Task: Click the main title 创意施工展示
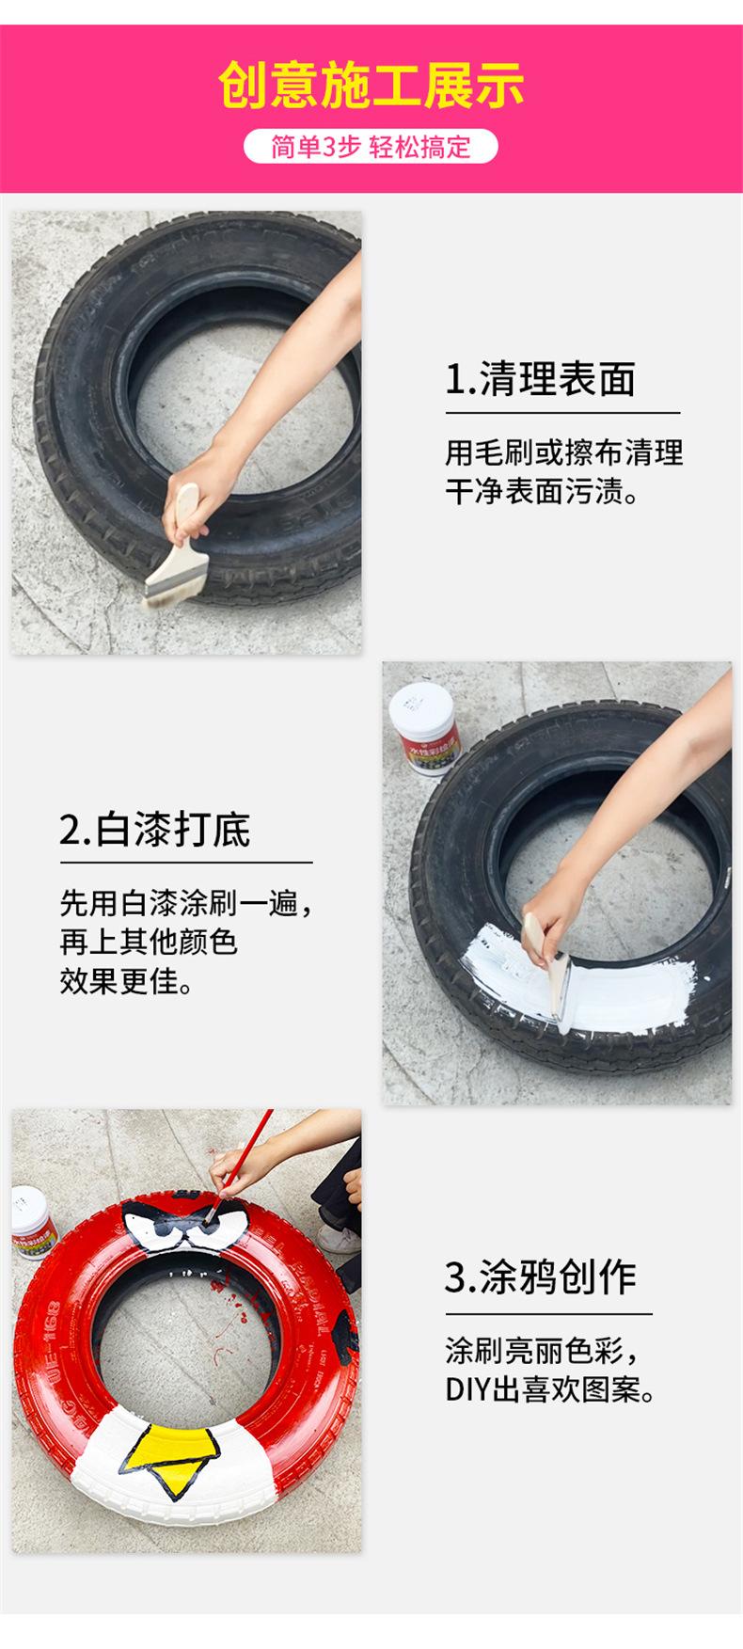[x=371, y=86]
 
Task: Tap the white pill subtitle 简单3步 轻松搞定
[x=371, y=147]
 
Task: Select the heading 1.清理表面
[x=540, y=379]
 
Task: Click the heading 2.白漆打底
[x=155, y=830]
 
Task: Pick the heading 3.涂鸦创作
[x=540, y=1276]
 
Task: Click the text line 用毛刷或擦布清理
[x=563, y=452]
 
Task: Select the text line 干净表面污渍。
[x=542, y=492]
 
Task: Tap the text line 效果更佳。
[x=126, y=982]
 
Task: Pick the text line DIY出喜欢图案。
[x=550, y=1389]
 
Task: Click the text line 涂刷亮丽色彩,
[x=542, y=1351]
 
